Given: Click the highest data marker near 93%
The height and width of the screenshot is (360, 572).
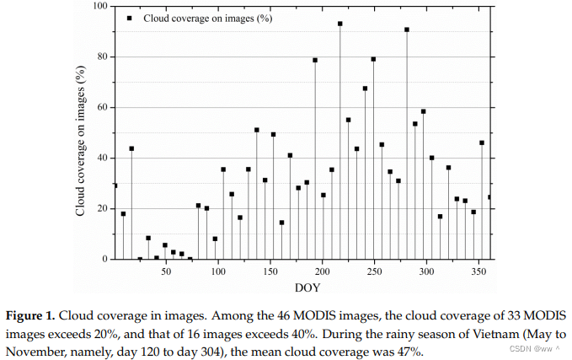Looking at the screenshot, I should click(339, 24).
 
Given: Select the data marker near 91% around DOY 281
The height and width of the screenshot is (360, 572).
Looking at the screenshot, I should click(407, 30).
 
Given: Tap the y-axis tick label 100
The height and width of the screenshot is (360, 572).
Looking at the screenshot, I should click(99, 7).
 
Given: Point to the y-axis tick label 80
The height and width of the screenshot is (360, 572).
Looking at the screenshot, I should click(102, 57).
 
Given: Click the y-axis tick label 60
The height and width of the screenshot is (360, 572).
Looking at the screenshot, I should click(102, 108).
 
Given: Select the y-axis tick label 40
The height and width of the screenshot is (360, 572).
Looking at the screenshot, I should click(102, 159).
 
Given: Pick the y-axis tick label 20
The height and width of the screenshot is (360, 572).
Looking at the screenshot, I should click(102, 209).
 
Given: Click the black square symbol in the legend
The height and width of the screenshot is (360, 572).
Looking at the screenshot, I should click(129, 17).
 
